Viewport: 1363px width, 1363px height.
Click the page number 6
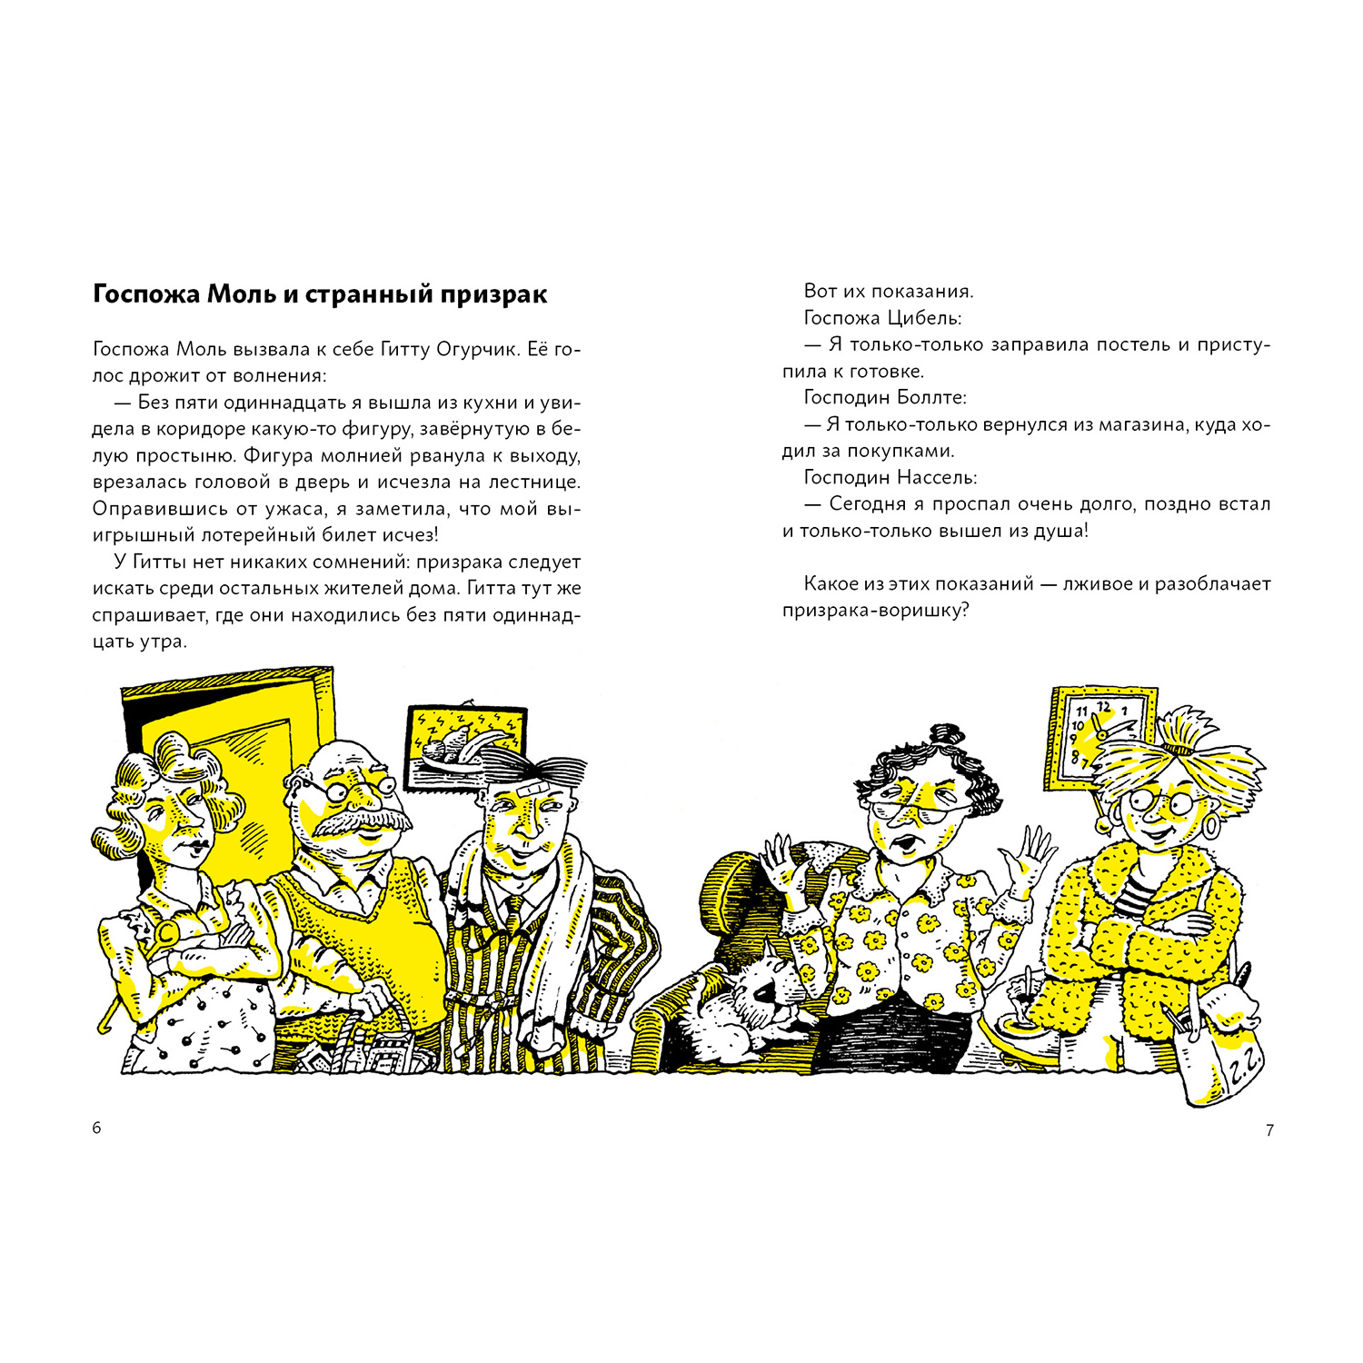tap(97, 1129)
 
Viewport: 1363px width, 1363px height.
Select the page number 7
tap(1269, 1130)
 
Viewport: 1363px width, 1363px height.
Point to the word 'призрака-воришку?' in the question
tap(876, 611)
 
